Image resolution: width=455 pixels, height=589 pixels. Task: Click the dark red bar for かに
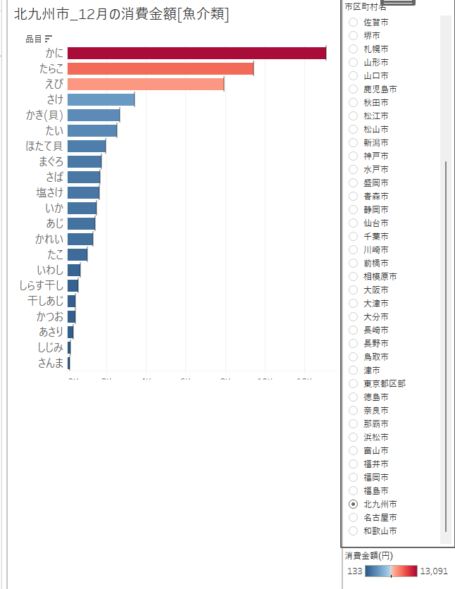[197, 54]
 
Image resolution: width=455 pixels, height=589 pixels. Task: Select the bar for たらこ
[160, 69]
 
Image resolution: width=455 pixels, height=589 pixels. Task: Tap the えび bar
[145, 85]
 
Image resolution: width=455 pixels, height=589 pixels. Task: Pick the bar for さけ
[101, 100]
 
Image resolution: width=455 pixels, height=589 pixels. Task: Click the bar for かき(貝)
[93, 116]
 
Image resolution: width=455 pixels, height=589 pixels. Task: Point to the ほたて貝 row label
[44, 146]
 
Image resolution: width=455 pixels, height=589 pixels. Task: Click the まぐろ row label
[51, 161]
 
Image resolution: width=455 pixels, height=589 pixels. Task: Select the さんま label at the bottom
[51, 363]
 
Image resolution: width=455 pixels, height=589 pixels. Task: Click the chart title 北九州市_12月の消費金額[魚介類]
[121, 13]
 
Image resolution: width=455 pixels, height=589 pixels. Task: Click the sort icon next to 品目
[49, 38]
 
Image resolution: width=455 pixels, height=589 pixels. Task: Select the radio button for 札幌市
[353, 49]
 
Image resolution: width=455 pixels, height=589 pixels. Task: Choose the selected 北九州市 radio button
[353, 504]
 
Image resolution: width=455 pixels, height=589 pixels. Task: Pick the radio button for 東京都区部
[353, 384]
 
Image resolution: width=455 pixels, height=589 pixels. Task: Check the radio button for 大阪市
[353, 290]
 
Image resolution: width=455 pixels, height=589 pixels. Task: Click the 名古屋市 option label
[380, 518]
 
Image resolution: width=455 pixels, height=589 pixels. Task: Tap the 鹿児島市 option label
[380, 89]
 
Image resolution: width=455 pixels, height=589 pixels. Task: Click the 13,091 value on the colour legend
[433, 571]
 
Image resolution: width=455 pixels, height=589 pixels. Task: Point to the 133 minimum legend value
[354, 571]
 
